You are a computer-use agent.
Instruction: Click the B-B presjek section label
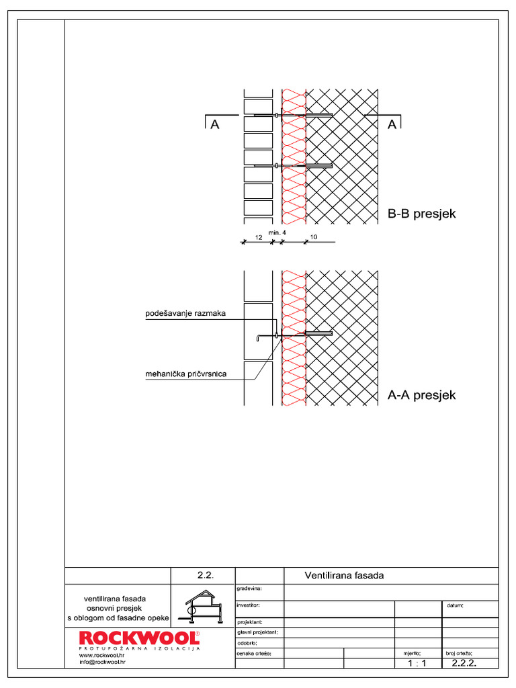click(x=422, y=214)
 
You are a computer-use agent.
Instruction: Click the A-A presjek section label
click(x=422, y=395)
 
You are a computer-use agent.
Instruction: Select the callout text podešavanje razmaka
click(x=186, y=313)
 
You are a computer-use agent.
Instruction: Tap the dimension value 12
click(x=259, y=238)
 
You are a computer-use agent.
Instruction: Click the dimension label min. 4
click(x=277, y=232)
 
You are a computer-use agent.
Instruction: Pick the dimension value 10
click(x=314, y=238)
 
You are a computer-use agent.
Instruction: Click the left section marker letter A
click(x=215, y=124)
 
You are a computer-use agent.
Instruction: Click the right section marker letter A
click(x=390, y=124)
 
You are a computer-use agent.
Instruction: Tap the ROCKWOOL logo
click(x=139, y=638)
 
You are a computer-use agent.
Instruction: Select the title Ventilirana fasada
click(x=344, y=575)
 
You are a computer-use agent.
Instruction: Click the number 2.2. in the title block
click(x=205, y=575)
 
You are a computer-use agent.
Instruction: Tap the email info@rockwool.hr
click(x=102, y=662)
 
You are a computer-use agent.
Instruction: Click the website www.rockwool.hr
click(x=102, y=655)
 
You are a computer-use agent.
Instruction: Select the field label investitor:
click(x=249, y=605)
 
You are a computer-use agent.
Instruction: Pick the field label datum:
click(x=455, y=605)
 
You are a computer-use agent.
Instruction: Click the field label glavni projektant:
click(x=258, y=632)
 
